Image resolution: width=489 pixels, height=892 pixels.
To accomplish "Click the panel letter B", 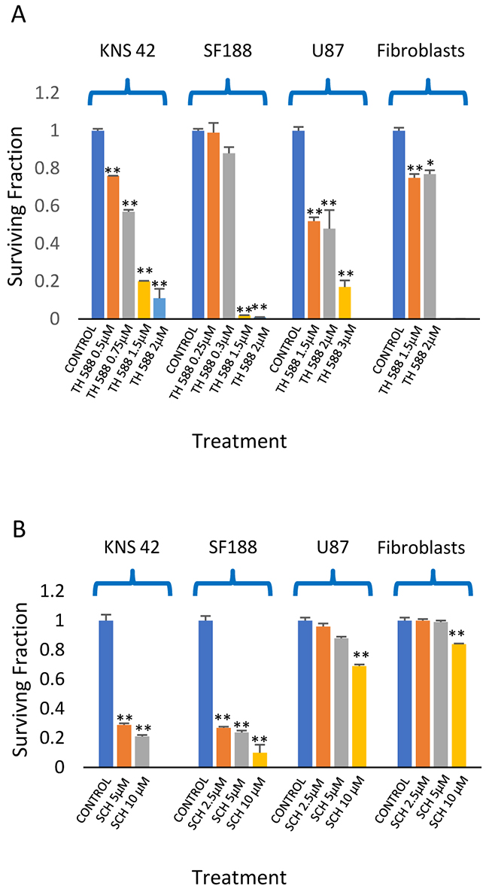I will [x=17, y=532].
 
